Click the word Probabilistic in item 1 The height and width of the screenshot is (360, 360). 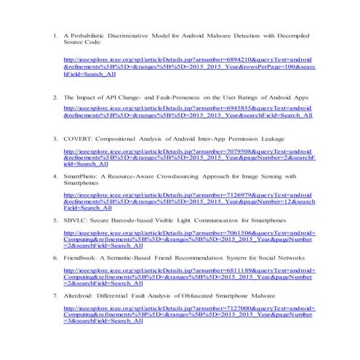[x=95, y=35]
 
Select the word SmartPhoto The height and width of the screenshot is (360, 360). [x=81, y=176]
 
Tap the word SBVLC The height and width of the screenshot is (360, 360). [x=75, y=219]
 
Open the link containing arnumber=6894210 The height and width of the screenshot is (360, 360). [x=189, y=65]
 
